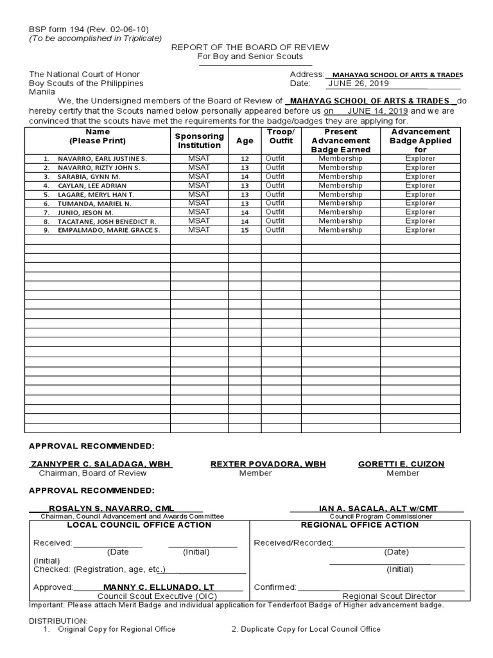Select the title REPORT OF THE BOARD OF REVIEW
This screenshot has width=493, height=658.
tap(250, 48)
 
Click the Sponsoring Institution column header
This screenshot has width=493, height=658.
tap(199, 141)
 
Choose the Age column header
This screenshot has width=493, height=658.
tap(245, 141)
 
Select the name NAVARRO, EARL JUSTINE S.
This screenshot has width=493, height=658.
tap(102, 159)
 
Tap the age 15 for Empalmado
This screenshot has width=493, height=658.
tap(245, 230)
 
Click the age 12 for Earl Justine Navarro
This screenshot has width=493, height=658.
tap(245, 159)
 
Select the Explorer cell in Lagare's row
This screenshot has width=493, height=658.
tap(420, 194)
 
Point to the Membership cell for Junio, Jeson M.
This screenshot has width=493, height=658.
tap(340, 212)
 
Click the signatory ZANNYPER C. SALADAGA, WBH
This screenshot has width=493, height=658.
tap(101, 464)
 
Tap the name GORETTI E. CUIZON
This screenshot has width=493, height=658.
tap(401, 464)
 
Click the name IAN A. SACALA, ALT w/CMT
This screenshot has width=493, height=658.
tap(378, 508)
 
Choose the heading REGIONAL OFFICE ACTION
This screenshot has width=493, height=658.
tap(359, 525)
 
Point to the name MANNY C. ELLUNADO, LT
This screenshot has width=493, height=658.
tap(159, 587)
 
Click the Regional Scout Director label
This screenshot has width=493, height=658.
tap(388, 596)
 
